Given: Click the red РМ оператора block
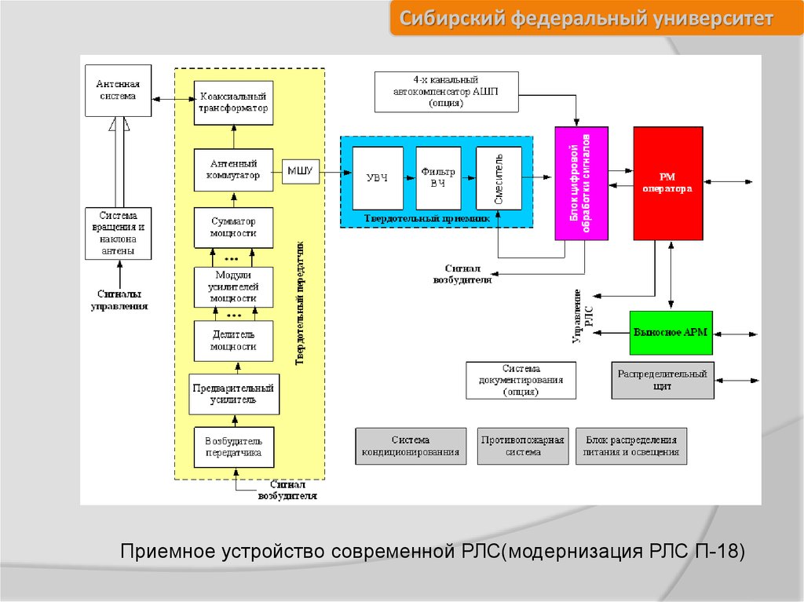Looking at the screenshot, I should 667,183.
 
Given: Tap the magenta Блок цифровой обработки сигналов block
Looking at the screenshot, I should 581,183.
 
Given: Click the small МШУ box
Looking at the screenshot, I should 300,170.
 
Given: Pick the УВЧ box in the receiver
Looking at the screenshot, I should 378,177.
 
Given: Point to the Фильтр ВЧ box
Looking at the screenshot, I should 438,177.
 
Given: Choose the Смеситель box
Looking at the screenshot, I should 499,177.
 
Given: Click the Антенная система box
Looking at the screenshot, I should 118,90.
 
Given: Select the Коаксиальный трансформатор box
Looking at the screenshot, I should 233,102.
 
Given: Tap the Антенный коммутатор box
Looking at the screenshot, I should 233,170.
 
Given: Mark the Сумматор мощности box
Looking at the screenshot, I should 233,227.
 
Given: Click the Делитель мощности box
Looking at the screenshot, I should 233,341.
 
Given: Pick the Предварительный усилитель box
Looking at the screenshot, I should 233,394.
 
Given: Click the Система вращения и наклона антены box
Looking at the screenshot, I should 118,234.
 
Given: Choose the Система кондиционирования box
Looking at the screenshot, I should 411,446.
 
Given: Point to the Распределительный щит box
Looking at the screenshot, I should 663,380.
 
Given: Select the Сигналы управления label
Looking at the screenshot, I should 119,300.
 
